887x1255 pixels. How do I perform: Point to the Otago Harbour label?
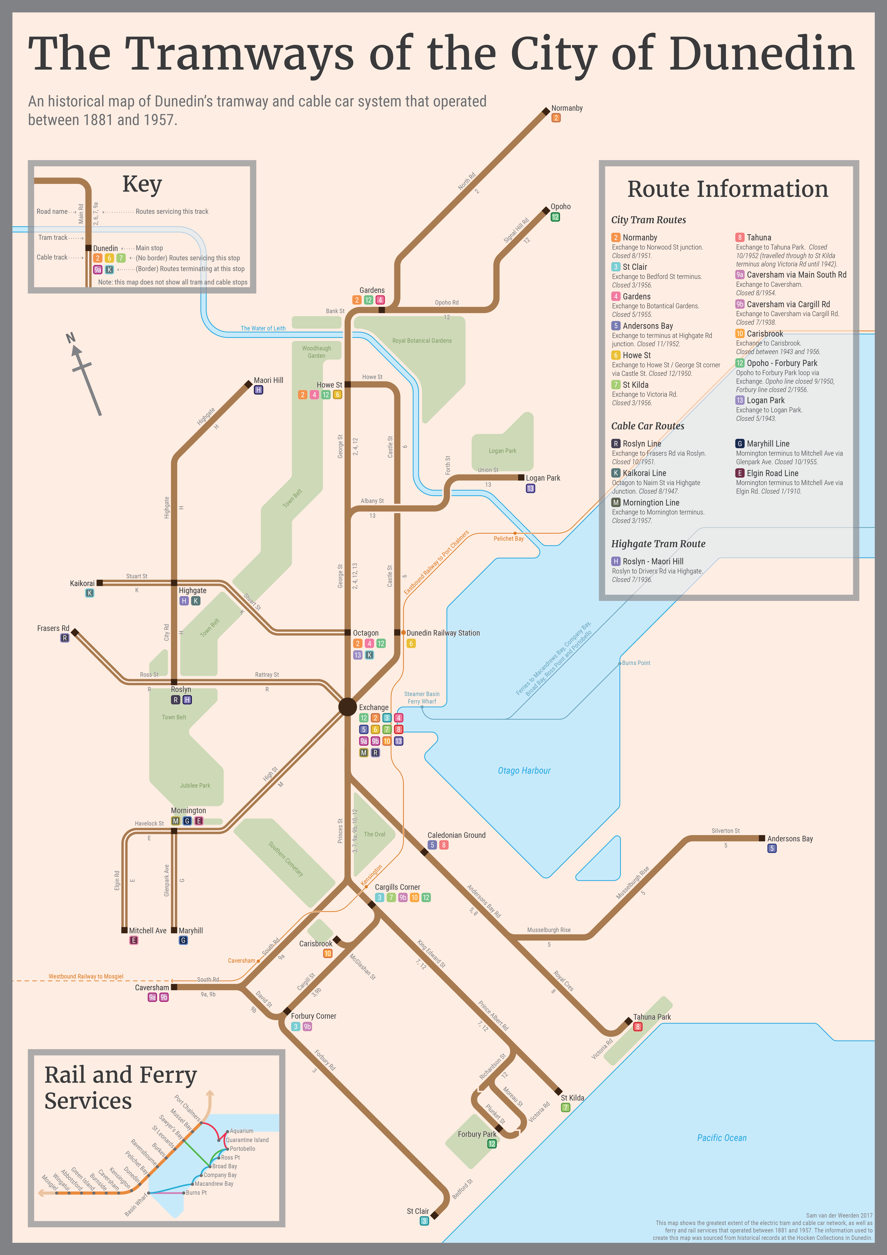coord(524,771)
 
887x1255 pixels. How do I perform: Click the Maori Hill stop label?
coord(268,381)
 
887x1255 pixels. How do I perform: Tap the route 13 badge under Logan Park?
coord(530,489)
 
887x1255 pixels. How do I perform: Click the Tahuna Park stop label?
coord(652,1017)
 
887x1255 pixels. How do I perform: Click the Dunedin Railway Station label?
coord(443,633)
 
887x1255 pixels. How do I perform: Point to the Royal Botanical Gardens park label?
coord(422,340)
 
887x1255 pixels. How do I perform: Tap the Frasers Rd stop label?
coord(53,629)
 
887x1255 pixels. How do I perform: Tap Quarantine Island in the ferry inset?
coord(247,1140)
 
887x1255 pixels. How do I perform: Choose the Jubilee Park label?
coord(195,786)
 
